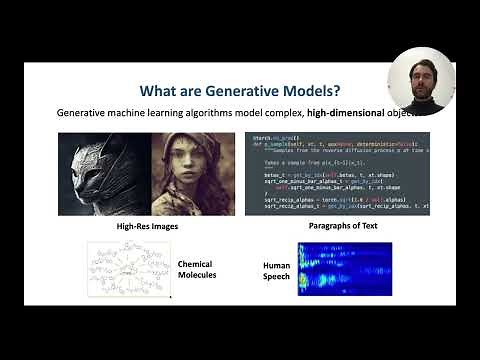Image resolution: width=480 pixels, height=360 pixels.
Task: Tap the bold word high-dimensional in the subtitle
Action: point(334,112)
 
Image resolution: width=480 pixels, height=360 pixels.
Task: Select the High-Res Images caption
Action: point(146,227)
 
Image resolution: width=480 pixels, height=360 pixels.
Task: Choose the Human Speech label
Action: point(276,271)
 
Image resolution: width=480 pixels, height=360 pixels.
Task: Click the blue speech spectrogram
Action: point(345,268)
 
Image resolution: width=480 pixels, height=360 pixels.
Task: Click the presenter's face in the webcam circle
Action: point(421,71)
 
